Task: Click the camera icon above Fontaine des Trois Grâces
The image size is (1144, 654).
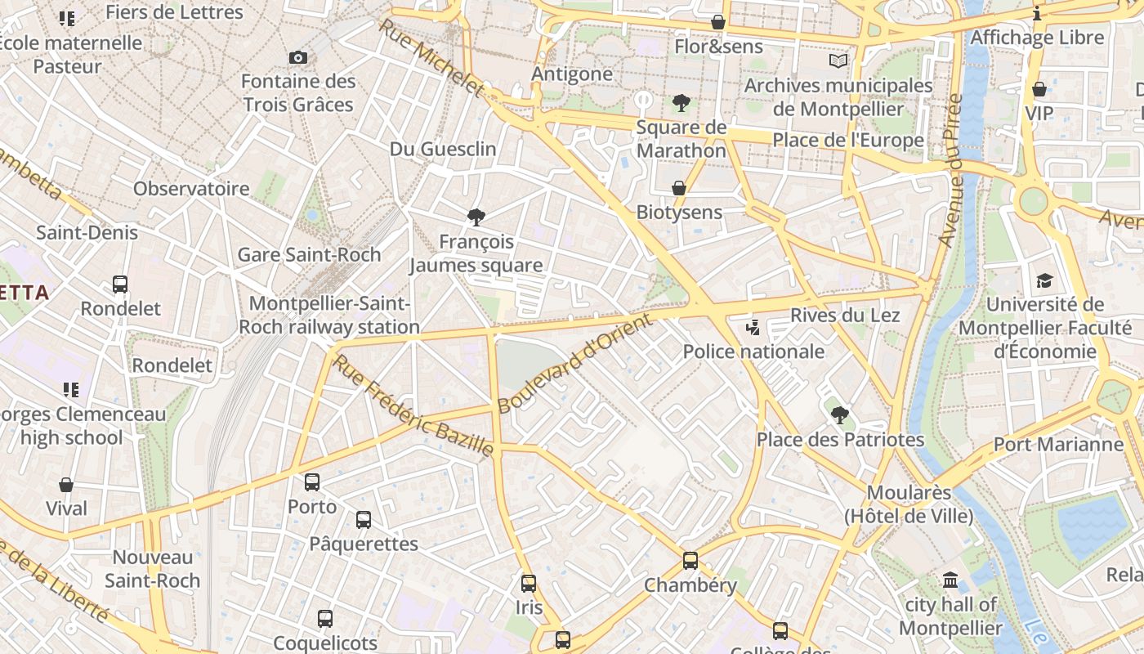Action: pos(298,57)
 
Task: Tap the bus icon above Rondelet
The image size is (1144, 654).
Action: pos(120,284)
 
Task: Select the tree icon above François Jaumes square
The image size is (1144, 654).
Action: pos(476,217)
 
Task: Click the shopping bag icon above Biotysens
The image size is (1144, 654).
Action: pos(678,188)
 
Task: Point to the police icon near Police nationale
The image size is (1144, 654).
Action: pos(753,328)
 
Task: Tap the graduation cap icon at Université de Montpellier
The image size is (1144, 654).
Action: pos(1044,280)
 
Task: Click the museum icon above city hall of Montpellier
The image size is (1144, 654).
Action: pos(950,580)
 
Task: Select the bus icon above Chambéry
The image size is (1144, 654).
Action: pos(690,561)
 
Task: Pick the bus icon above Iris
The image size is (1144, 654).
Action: pos(529,584)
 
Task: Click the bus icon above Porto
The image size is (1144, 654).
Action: pos(312,482)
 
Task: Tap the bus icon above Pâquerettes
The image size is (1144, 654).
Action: pos(364,519)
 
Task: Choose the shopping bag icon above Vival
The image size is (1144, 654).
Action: pos(66,485)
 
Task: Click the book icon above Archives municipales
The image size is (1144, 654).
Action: pos(838,60)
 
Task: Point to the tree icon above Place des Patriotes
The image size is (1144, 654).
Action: pos(839,414)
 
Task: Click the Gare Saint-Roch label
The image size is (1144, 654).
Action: pos(309,254)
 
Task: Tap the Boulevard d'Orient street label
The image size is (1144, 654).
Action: pos(576,363)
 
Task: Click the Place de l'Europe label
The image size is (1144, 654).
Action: pos(848,140)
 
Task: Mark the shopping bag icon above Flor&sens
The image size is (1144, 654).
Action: pos(718,22)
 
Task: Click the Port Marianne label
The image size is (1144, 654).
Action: pos(1058,444)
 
